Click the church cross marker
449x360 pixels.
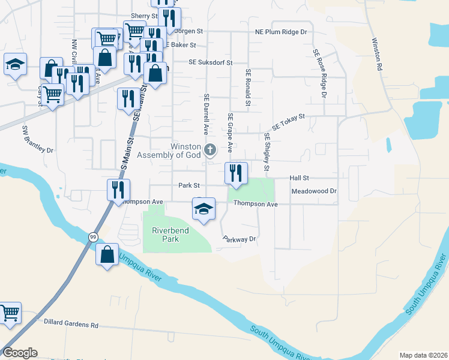coord(209,150)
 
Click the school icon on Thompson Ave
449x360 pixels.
coord(203,209)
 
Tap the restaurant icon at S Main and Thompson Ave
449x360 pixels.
coord(118,190)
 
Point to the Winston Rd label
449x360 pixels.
coord(377,56)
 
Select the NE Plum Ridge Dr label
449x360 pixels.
coord(281,32)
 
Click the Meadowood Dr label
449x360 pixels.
coord(314,191)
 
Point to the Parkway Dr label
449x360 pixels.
coord(240,239)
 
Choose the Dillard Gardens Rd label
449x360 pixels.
coord(71,325)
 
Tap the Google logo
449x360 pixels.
coord(20,353)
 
